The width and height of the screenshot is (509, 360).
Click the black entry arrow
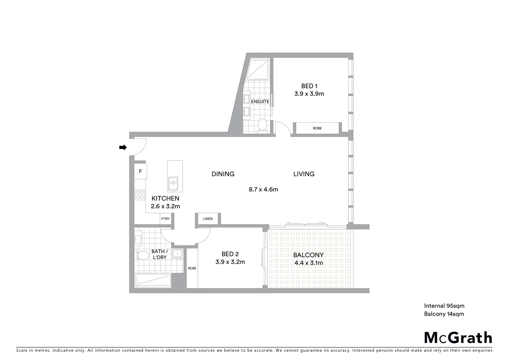[123, 147]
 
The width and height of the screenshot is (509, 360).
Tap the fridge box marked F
[140, 171]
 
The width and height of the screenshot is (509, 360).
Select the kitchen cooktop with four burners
[140, 194]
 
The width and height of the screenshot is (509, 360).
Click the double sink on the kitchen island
[173, 184]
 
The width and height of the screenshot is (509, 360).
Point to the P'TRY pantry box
[165, 219]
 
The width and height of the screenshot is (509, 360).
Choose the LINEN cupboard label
[208, 219]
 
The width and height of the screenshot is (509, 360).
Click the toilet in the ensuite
[262, 126]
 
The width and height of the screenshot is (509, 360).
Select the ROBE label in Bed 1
[317, 128]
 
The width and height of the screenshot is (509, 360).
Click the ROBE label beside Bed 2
[192, 268]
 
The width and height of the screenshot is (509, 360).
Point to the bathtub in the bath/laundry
[153, 281]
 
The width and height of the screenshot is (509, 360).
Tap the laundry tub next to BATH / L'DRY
[178, 253]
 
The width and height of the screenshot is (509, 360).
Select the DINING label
[223, 174]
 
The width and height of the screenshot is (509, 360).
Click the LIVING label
[304, 174]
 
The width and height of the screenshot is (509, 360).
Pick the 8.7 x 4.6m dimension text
[263, 190]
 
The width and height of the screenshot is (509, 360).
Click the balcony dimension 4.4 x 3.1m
[308, 263]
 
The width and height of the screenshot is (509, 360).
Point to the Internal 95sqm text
[444, 306]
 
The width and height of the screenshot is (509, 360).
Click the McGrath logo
[458, 338]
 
